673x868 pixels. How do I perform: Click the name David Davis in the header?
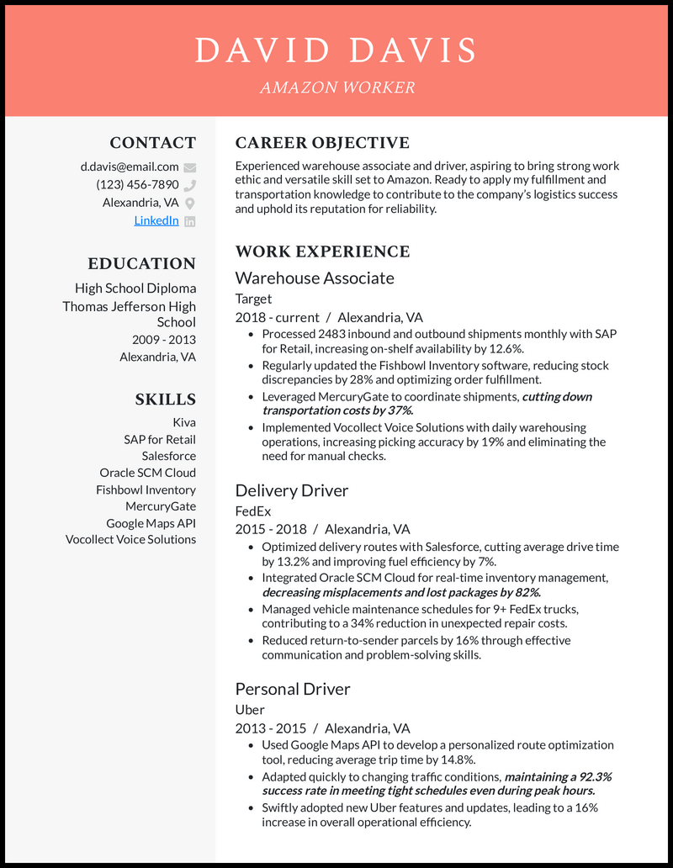point(336,50)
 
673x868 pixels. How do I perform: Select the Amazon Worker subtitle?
point(336,87)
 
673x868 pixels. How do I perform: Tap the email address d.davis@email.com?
point(130,167)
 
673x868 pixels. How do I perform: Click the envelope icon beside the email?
point(190,167)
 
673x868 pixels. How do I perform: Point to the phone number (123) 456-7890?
point(137,184)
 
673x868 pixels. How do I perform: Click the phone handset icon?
point(190,185)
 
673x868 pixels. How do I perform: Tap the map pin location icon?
point(190,203)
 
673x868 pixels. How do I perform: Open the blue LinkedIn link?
point(156,220)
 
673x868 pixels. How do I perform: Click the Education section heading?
point(141,263)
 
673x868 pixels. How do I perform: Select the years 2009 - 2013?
point(163,340)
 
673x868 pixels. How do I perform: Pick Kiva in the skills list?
point(183,422)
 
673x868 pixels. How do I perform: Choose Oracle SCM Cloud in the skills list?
point(147,473)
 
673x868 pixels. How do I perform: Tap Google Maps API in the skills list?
point(151,523)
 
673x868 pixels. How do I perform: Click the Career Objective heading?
point(322,143)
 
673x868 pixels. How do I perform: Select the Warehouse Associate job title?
point(315,278)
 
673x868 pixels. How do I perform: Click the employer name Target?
point(253,299)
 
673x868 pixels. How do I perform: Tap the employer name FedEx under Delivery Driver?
point(253,511)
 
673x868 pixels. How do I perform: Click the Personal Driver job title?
point(293,689)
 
